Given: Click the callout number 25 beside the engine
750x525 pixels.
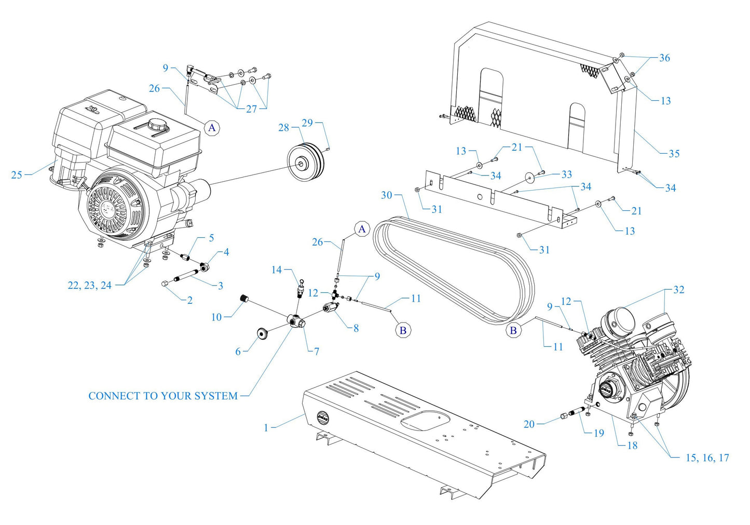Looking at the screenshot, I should (x=17, y=175).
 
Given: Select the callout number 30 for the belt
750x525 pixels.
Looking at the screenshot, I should (x=387, y=195).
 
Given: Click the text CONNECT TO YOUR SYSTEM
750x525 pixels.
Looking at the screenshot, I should (x=163, y=396).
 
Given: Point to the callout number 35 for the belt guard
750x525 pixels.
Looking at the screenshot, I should (x=674, y=154).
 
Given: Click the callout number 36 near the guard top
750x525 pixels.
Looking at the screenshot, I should (x=664, y=58).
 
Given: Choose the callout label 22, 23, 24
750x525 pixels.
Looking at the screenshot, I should (x=89, y=285).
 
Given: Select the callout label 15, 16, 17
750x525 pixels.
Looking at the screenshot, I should (x=707, y=457).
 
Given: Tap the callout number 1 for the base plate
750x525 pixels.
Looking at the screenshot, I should (x=266, y=428).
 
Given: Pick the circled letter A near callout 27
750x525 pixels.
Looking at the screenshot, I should (x=212, y=127).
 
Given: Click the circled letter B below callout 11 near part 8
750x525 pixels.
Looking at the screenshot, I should (x=403, y=330).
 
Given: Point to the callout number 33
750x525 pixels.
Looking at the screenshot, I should (x=567, y=174).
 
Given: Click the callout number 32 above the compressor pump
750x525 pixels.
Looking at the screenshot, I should (x=678, y=290).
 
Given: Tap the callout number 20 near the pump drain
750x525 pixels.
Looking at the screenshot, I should (x=529, y=424).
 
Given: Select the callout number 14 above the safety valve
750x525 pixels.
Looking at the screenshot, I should (x=277, y=270).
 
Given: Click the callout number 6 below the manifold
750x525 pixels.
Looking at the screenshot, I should (x=238, y=352).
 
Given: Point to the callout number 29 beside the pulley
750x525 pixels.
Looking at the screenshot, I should (x=307, y=123).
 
